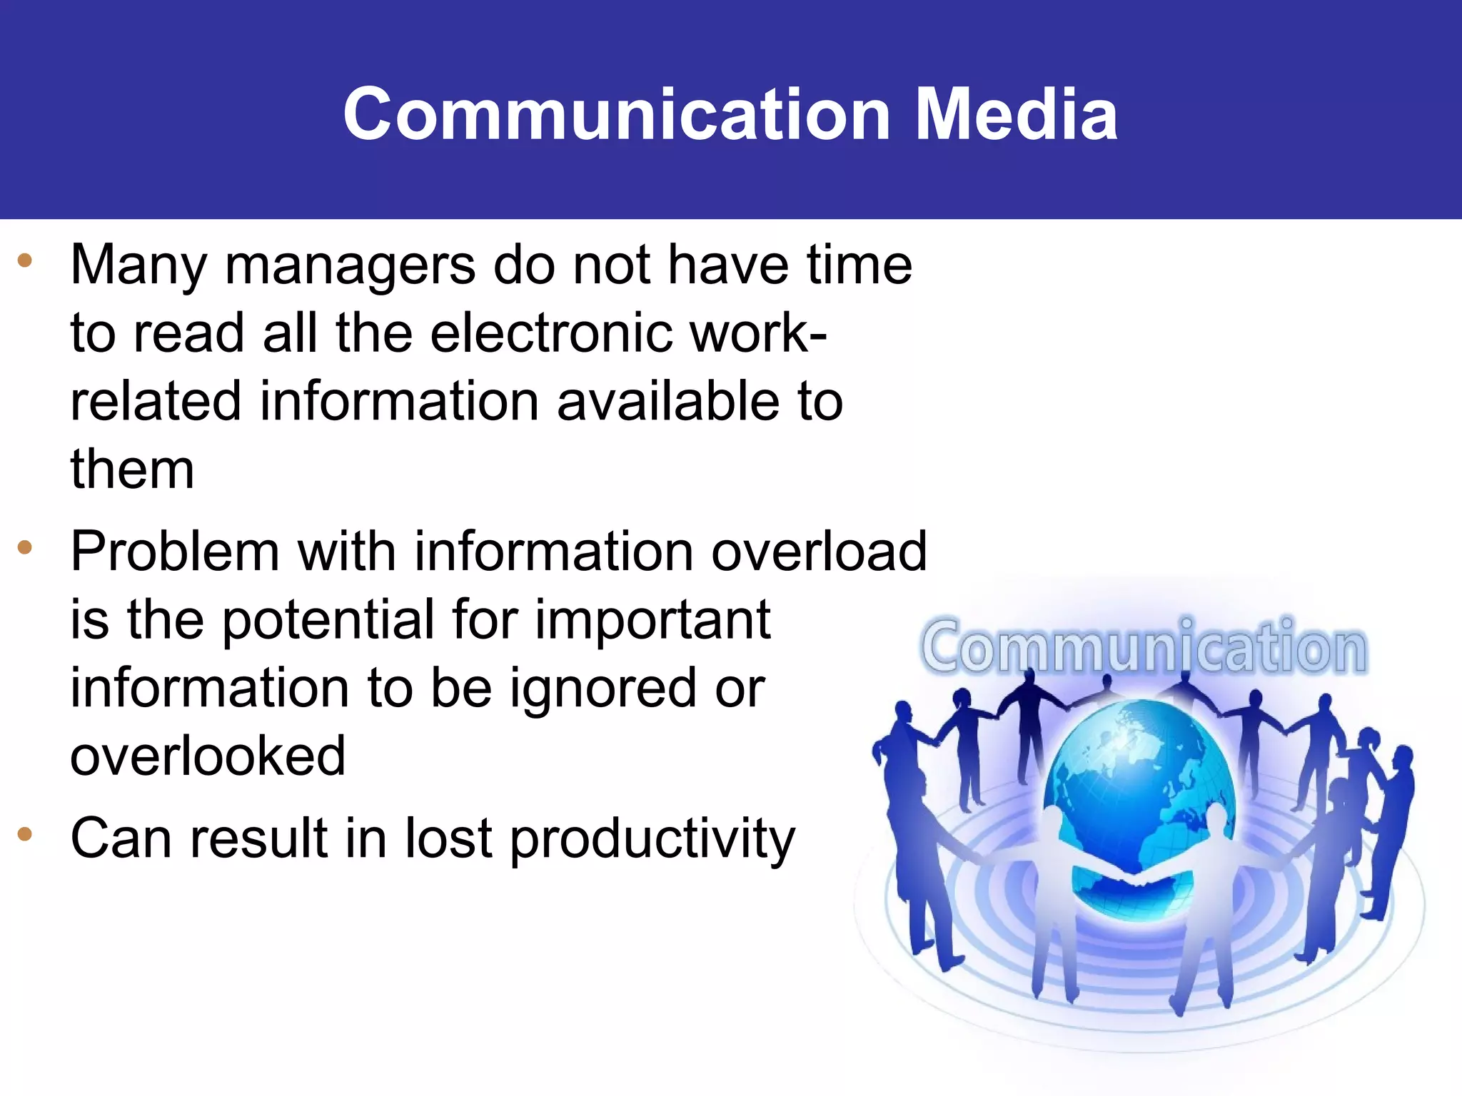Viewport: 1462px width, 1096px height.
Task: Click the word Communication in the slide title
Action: (616, 114)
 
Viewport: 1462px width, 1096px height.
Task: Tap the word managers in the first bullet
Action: (351, 265)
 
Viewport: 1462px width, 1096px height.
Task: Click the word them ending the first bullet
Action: (132, 470)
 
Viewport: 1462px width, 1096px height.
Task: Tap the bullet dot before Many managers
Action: (26, 260)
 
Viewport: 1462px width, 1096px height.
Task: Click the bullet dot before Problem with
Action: (26, 547)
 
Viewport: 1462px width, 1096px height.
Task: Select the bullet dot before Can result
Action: (26, 833)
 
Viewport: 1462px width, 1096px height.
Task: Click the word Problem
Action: (174, 552)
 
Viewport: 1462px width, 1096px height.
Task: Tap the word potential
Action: (328, 621)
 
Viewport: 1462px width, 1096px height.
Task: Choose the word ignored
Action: (603, 689)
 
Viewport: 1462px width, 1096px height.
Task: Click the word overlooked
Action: (208, 756)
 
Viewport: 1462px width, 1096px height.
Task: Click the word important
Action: (652, 621)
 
